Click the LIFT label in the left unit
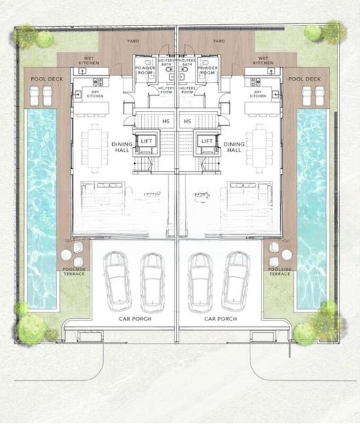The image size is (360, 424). click(x=146, y=141)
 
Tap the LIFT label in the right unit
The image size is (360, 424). click(x=207, y=141)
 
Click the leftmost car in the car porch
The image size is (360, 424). click(x=117, y=281)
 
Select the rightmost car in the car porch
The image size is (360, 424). click(x=236, y=281)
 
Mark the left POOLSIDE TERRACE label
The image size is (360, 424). click(x=74, y=271)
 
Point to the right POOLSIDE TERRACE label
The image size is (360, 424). click(x=280, y=271)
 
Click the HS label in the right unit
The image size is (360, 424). click(x=188, y=121)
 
